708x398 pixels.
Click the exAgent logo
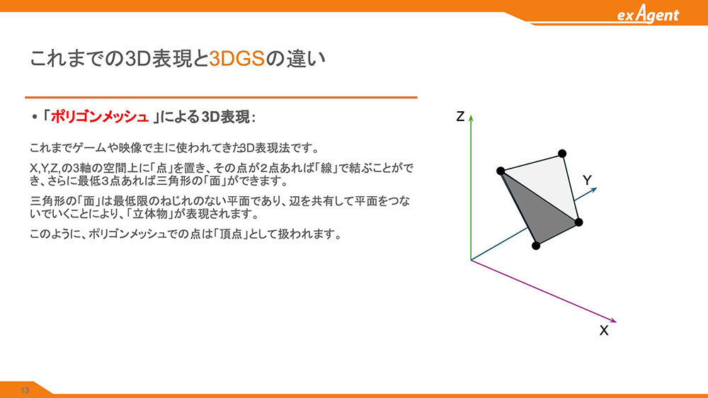click(x=648, y=14)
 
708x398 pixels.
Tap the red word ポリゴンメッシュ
click(x=99, y=117)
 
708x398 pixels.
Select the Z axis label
click(x=460, y=117)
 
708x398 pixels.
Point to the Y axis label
click(x=587, y=181)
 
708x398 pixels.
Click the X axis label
click(x=604, y=331)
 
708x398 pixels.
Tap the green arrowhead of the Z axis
click(x=471, y=118)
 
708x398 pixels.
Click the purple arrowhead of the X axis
click(x=613, y=321)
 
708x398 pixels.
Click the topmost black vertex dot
click(x=562, y=154)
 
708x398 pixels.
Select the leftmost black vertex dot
click(x=501, y=171)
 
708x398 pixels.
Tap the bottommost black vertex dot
click(x=536, y=246)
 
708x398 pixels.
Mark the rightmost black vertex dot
click(x=579, y=222)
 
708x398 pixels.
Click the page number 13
click(x=24, y=390)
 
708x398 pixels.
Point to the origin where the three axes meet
click(x=471, y=260)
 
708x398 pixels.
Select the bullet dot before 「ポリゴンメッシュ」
click(x=34, y=118)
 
